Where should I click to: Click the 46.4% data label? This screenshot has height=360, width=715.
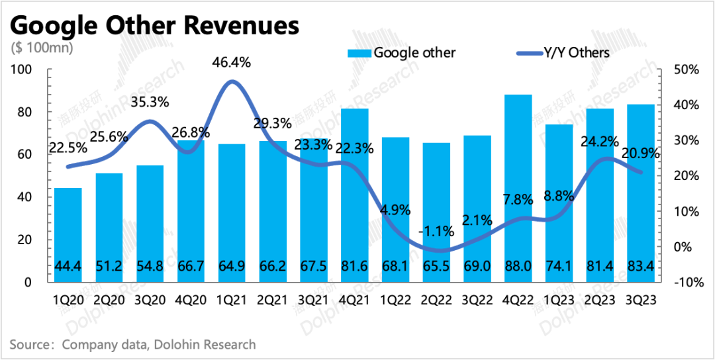click(231, 63)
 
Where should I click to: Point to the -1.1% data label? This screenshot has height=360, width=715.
click(437, 231)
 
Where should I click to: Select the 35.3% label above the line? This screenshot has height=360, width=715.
click(150, 102)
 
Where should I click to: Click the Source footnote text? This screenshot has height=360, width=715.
click(132, 344)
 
